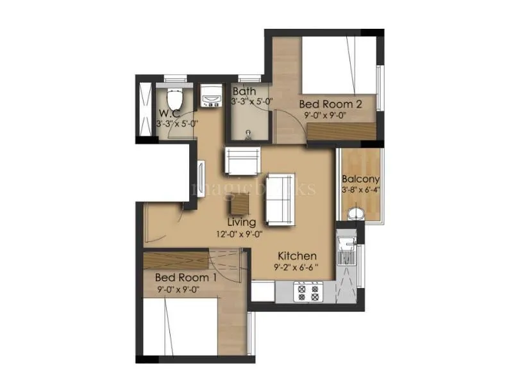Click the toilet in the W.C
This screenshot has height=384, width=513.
coord(174,100)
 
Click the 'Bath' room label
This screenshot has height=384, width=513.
coord(244,92)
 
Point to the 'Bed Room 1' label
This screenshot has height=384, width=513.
coord(186,278)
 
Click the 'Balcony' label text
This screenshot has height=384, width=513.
coord(360,179)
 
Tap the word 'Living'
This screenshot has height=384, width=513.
coord(241,222)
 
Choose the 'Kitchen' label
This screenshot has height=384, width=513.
coord(298,256)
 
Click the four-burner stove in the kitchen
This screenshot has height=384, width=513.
coord(307,292)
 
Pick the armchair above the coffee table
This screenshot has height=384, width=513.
coord(242,161)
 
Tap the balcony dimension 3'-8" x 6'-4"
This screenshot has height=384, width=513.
coord(360,190)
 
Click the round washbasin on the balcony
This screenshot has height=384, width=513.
coord(355,213)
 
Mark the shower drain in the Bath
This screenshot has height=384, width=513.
coord(248,134)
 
